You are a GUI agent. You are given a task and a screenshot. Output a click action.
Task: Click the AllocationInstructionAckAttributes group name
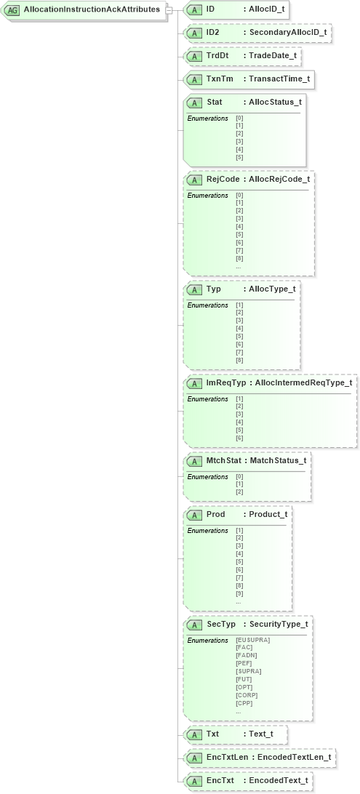click(92, 9)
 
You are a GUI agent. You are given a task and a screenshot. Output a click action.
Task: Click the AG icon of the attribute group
click(12, 10)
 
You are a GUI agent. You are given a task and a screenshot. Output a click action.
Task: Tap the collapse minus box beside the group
click(169, 10)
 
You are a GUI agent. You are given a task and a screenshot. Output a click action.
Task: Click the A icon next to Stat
click(194, 103)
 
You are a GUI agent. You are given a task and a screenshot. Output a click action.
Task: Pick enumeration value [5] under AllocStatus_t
click(239, 158)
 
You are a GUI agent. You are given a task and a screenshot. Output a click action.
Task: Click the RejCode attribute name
click(223, 179)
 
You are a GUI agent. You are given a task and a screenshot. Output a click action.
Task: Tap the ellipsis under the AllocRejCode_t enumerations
click(239, 266)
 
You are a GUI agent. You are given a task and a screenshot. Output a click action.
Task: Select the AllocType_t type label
click(272, 289)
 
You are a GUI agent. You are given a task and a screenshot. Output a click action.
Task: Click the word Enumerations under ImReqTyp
click(207, 399)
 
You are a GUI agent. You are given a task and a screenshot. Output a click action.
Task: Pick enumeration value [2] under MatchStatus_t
click(239, 492)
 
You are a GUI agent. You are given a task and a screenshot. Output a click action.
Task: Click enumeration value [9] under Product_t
click(239, 593)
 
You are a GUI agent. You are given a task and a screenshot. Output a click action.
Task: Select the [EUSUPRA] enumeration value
click(252, 640)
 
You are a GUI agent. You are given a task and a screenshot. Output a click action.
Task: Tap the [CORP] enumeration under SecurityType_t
click(246, 695)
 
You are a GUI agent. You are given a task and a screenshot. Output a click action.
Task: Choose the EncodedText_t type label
click(279, 781)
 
